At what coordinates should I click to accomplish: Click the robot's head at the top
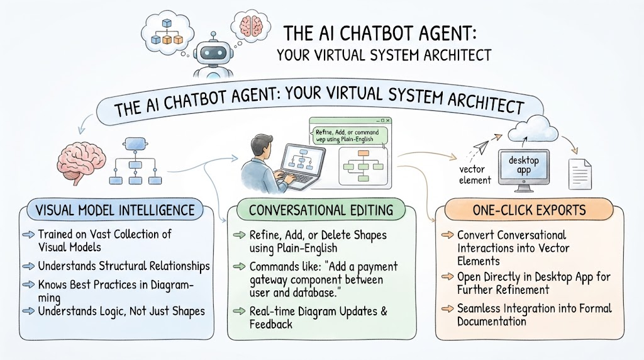pos(213,53)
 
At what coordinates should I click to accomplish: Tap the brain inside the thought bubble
pos(251,25)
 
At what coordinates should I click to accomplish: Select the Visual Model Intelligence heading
pos(115,210)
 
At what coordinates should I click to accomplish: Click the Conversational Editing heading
pos(321,210)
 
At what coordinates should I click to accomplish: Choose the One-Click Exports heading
pos(529,210)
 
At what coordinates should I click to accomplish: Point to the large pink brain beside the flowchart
pos(81,161)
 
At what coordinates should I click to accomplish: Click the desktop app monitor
pos(524,170)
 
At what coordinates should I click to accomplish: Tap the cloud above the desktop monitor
pos(533,128)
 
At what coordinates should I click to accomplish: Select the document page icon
pos(580,174)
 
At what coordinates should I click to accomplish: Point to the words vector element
pos(474,175)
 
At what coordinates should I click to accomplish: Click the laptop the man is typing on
pos(298,166)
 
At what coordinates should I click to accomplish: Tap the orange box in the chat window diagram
pos(363,154)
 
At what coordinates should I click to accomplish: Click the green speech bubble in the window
pos(349,136)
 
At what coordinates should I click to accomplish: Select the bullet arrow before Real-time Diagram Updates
pos(239,311)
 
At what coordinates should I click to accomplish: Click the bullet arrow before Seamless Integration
pos(448,308)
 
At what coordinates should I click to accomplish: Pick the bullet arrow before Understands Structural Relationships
pos(29,266)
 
